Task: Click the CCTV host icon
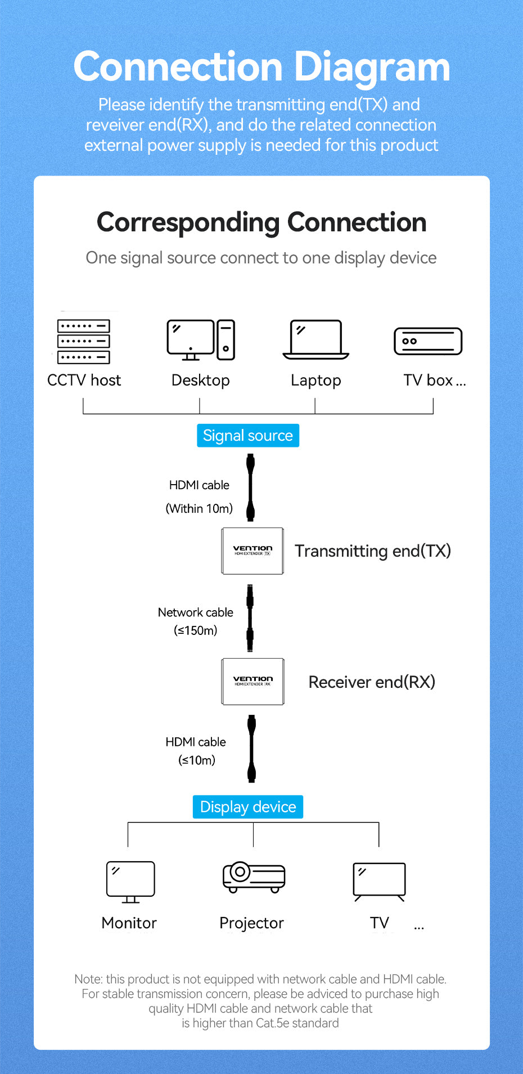click(x=83, y=341)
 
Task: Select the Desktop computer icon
click(x=201, y=340)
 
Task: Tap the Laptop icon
click(x=315, y=340)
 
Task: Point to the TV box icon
click(x=428, y=341)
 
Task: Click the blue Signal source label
click(x=248, y=436)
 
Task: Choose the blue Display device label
click(x=248, y=807)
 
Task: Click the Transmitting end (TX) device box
click(x=253, y=551)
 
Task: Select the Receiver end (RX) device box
click(x=253, y=682)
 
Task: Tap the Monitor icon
click(x=130, y=881)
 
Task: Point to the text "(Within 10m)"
click(x=199, y=509)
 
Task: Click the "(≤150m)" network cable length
click(x=195, y=630)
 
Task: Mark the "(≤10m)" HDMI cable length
click(x=197, y=760)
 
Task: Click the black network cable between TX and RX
click(x=250, y=617)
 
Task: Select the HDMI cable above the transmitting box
click(x=251, y=487)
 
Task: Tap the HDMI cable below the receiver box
click(x=252, y=749)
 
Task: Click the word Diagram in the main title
click(x=372, y=67)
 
